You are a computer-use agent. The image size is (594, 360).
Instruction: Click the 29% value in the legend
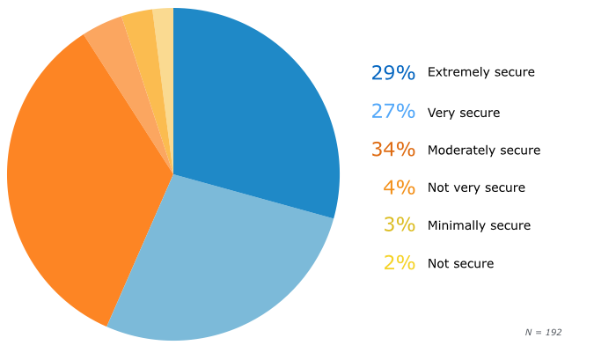coord(392,73)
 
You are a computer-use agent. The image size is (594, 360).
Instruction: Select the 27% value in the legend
coord(392,111)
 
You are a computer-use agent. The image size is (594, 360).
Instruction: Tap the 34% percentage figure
coord(392,149)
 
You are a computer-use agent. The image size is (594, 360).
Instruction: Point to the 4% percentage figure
coord(399,187)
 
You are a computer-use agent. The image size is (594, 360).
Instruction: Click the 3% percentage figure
coord(399,224)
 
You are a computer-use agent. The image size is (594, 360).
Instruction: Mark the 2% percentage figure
coord(399,262)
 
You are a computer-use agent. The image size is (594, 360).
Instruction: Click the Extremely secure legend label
coord(480,72)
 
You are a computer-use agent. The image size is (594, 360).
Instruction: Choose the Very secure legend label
coord(463,113)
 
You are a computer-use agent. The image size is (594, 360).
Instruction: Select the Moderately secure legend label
coord(483,151)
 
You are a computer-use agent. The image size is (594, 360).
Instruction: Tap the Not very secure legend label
coord(475,187)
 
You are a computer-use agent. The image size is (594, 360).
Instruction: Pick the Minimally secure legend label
coord(479,225)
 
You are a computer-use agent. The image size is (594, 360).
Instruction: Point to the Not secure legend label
coord(460,263)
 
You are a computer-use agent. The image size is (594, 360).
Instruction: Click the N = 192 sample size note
coord(542,332)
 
